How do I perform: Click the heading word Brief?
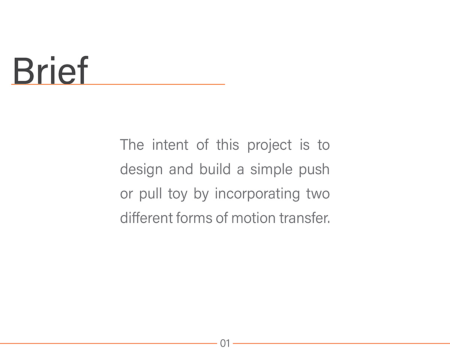point(51,70)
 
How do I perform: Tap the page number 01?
point(225,343)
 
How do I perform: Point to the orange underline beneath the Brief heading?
point(118,84)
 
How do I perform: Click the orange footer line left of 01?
point(108,343)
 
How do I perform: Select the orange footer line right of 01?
point(342,343)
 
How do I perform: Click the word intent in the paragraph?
point(170,145)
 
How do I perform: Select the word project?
point(269,145)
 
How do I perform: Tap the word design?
point(141,170)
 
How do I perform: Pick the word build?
point(215,169)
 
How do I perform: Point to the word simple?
point(271,170)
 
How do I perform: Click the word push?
point(314,170)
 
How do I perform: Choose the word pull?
point(150,194)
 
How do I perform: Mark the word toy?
point(178,195)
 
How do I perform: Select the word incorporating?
point(257,194)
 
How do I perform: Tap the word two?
point(318,194)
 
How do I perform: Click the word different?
point(146,218)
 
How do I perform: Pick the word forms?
point(194,218)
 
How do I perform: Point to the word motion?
point(253,218)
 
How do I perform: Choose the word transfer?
point(304,218)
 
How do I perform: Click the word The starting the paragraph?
point(132,145)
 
